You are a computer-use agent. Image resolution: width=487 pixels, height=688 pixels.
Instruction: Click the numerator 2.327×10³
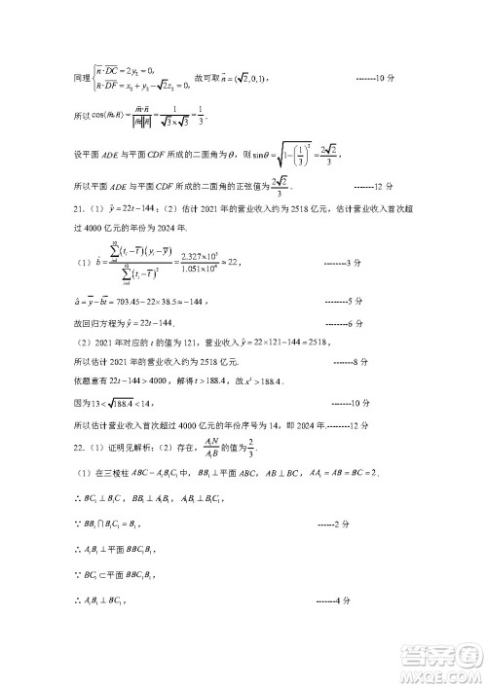tap(188, 253)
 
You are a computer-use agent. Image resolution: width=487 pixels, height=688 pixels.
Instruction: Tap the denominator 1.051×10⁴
tap(188, 271)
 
